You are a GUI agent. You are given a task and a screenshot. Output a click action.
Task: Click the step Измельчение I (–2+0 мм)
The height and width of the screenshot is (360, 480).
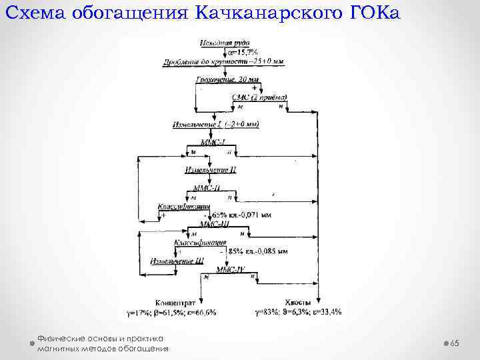coord(215,125)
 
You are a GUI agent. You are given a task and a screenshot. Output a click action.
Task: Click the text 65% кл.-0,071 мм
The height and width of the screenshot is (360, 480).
coord(241,215)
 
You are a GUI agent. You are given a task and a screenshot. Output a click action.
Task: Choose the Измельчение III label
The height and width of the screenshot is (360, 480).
coord(177,261)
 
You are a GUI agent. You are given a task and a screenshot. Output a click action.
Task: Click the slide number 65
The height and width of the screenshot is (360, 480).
coord(455,342)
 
